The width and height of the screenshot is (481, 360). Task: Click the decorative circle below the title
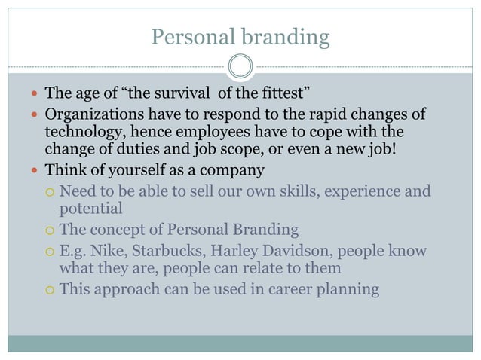(x=240, y=66)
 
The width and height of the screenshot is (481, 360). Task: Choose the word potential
(x=90, y=208)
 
